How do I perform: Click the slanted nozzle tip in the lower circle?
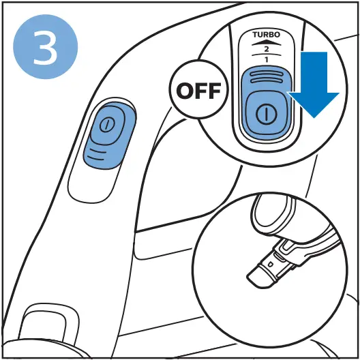click(258, 277)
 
